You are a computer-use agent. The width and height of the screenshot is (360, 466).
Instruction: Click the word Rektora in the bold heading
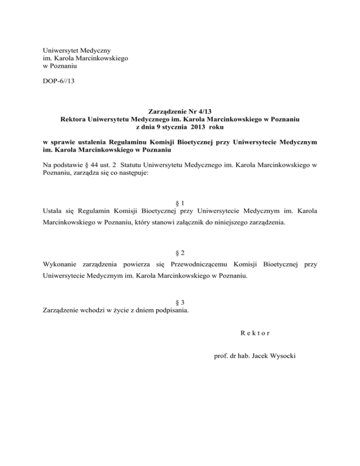[x=75, y=120]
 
